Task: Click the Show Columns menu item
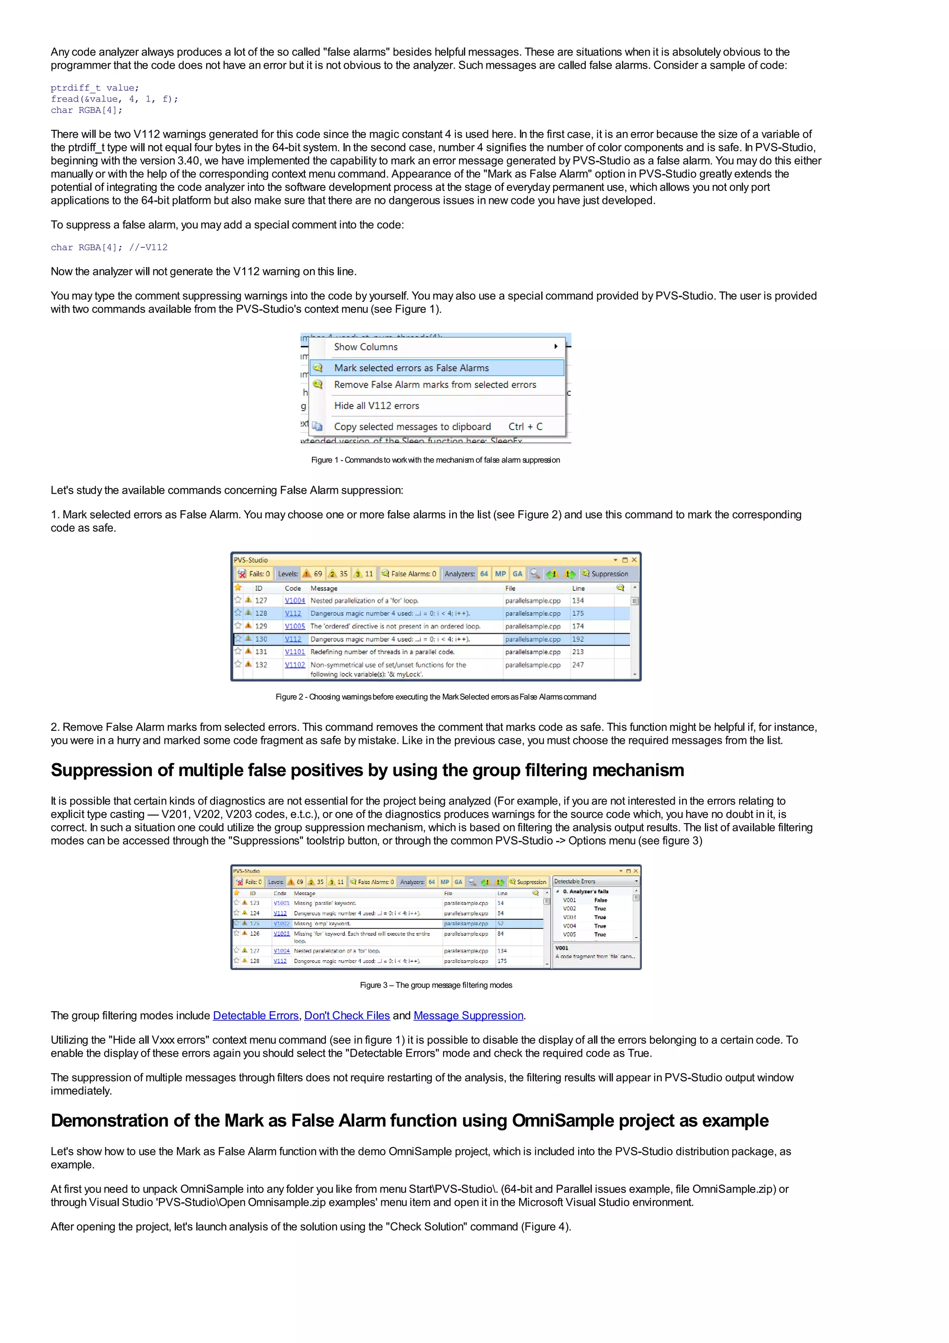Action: pyautogui.click(x=366, y=347)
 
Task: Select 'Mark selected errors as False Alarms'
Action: pyautogui.click(x=411, y=368)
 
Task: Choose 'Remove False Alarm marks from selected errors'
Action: pyautogui.click(x=435, y=385)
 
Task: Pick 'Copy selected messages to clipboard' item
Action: pyautogui.click(x=412, y=427)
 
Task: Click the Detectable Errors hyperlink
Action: pyautogui.click(x=255, y=1015)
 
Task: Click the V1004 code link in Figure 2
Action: pyautogui.click(x=295, y=601)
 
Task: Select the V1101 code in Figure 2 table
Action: pyautogui.click(x=295, y=652)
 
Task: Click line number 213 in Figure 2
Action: pyautogui.click(x=578, y=652)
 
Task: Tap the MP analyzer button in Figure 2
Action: pyautogui.click(x=500, y=574)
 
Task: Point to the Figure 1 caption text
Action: pyautogui.click(x=435, y=460)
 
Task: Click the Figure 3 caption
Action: pyautogui.click(x=436, y=985)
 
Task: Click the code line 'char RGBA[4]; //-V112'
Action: pyautogui.click(x=109, y=247)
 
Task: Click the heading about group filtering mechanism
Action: pyautogui.click(x=367, y=770)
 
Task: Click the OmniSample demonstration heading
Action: pyautogui.click(x=409, y=1121)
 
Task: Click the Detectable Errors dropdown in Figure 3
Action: pyautogui.click(x=595, y=881)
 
